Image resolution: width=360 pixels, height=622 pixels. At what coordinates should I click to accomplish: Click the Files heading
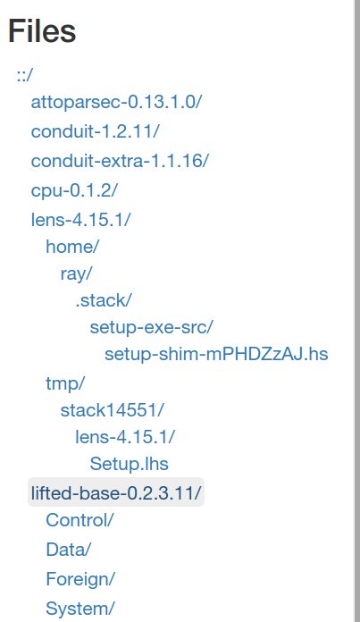click(42, 31)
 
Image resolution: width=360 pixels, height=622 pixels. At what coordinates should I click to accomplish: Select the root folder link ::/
click(25, 74)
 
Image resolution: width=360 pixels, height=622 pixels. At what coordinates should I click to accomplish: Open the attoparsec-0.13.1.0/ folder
click(116, 102)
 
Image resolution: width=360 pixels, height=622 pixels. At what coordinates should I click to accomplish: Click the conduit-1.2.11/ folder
click(96, 131)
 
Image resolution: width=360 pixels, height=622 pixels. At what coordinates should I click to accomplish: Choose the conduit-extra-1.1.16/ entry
click(120, 161)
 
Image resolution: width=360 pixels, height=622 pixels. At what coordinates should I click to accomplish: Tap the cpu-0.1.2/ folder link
click(74, 190)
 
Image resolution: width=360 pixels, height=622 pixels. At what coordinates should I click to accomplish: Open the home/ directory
click(72, 247)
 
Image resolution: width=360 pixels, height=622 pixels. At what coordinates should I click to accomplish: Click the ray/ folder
click(76, 274)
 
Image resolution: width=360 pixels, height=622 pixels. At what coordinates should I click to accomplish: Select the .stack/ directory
click(103, 300)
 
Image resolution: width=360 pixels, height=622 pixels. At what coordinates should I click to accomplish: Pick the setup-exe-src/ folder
click(152, 328)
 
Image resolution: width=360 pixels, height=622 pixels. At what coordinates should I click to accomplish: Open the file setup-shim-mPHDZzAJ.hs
click(216, 354)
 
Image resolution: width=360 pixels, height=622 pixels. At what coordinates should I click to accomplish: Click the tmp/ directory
click(65, 383)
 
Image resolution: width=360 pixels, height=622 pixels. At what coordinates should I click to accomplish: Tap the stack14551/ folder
click(112, 410)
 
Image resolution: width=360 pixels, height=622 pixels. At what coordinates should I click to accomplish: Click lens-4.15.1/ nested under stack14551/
click(125, 437)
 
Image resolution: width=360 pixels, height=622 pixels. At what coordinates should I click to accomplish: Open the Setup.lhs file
click(130, 464)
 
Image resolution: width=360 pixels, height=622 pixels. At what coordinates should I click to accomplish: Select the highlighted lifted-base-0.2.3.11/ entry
click(116, 492)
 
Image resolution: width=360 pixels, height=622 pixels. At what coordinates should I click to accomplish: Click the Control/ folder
click(80, 520)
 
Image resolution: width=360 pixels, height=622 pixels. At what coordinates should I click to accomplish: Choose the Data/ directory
click(69, 550)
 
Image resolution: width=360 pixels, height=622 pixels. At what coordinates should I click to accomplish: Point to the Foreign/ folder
click(80, 579)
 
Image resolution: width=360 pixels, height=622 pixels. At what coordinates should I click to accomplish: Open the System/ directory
click(80, 609)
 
